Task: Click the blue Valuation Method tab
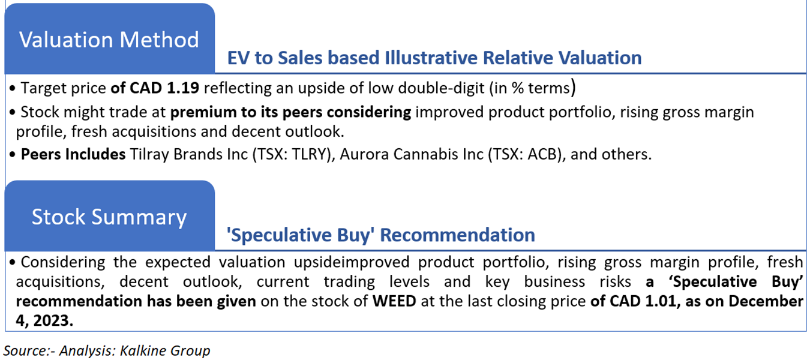110,38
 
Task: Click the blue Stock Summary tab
110,216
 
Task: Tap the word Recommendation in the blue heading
457,235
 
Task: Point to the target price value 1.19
183,88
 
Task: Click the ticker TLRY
311,154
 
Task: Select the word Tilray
149,154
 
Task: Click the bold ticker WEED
394,301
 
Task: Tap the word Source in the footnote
25,350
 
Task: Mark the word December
766,301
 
